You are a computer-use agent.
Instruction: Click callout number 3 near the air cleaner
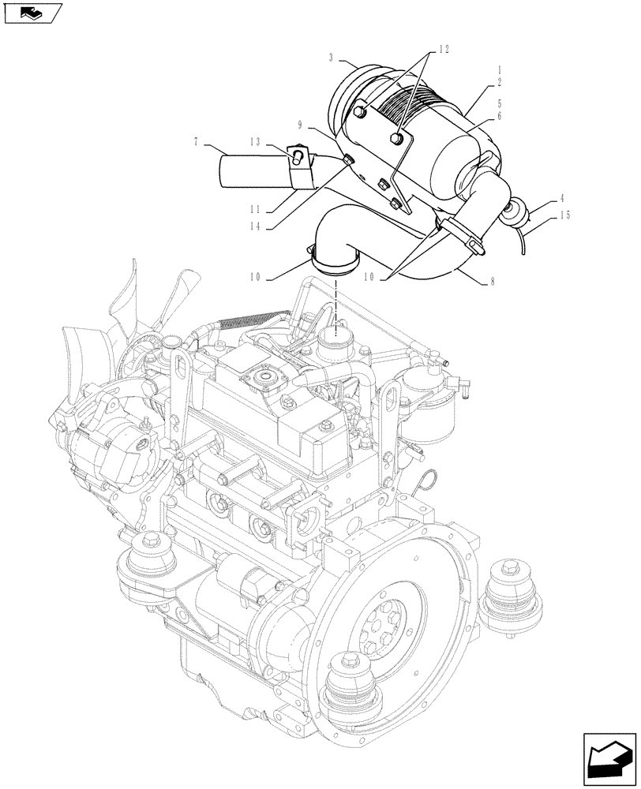point(332,57)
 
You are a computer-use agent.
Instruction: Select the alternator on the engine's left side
point(118,442)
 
